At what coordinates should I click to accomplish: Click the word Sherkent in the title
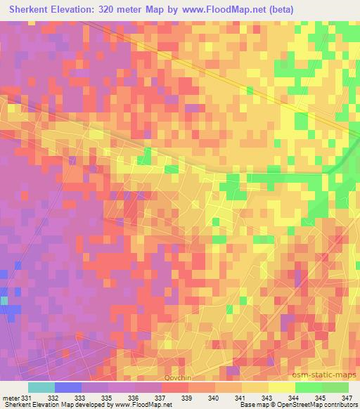(x=33, y=11)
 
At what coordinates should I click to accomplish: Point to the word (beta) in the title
(x=279, y=11)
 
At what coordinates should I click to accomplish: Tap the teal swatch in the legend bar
(x=41, y=387)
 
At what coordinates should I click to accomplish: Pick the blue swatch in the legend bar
(x=68, y=387)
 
